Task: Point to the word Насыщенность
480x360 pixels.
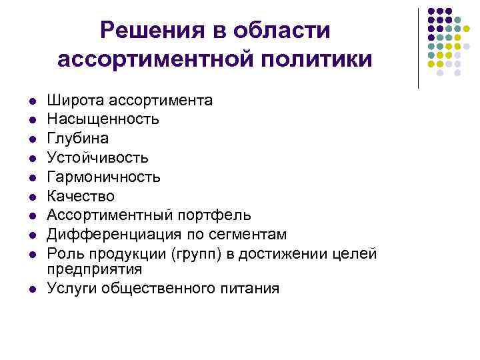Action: [x=103, y=119]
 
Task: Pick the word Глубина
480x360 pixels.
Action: [x=77, y=139]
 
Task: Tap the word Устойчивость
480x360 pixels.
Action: [x=97, y=158]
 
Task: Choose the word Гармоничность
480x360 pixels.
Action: [x=103, y=177]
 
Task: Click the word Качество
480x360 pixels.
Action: [x=81, y=196]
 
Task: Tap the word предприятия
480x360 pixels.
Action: [x=95, y=269]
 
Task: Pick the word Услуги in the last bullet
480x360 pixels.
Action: [x=69, y=289]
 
